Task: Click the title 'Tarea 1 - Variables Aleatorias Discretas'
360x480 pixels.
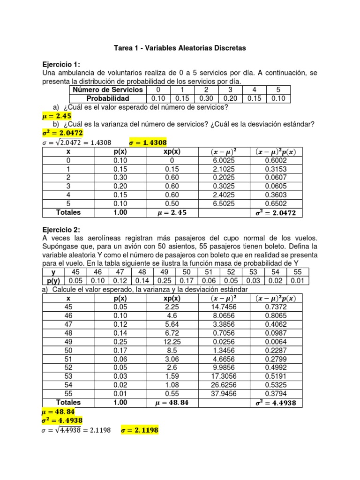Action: tap(180, 48)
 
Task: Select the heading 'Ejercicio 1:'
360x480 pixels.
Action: tap(61, 64)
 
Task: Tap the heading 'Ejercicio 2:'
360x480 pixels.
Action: tap(61, 230)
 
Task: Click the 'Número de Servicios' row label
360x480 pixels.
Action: tap(107, 90)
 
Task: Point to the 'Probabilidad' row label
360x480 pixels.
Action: tap(107, 98)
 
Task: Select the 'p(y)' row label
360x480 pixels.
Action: tap(53, 280)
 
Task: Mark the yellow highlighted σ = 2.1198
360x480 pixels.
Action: tap(140, 429)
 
